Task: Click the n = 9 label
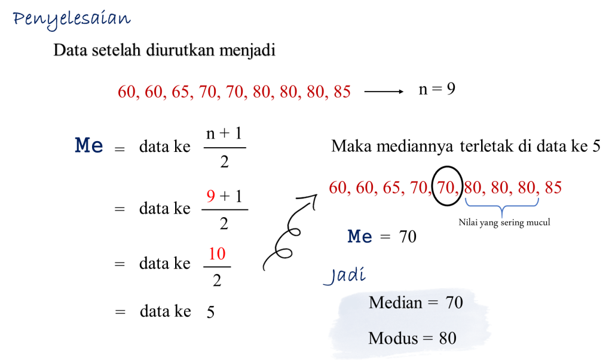pyautogui.click(x=437, y=89)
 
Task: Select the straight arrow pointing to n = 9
pyautogui.click(x=384, y=91)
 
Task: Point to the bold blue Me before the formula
pyautogui.click(x=89, y=145)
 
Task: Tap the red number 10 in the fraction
pyautogui.click(x=217, y=254)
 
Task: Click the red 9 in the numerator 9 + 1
pyautogui.click(x=211, y=196)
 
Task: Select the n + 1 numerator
pyautogui.click(x=224, y=133)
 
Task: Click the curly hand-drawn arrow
pyautogui.click(x=289, y=232)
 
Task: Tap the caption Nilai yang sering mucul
pyautogui.click(x=504, y=222)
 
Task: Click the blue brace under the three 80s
pyautogui.click(x=502, y=205)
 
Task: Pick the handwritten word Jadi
pyautogui.click(x=345, y=275)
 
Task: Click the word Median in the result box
pyautogui.click(x=396, y=303)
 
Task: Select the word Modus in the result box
pyautogui.click(x=393, y=338)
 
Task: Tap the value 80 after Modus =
pyautogui.click(x=448, y=338)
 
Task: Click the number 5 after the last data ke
pyautogui.click(x=211, y=312)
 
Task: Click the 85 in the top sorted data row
pyautogui.click(x=342, y=91)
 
